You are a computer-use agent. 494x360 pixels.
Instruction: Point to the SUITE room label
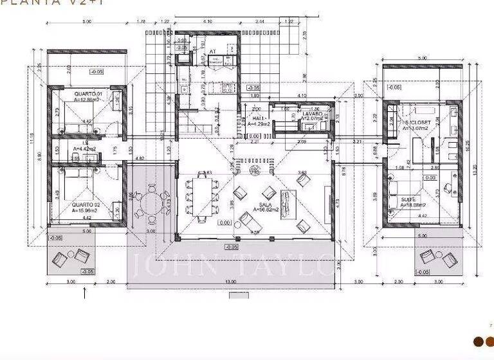pyautogui.click(x=408, y=200)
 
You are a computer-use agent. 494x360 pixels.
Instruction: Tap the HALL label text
pyautogui.click(x=259, y=120)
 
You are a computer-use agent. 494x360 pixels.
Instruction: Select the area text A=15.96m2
pyautogui.click(x=86, y=210)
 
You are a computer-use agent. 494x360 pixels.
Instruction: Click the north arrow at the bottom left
pyautogui.click(x=85, y=294)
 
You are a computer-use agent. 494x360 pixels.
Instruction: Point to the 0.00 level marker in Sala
pyautogui.click(x=224, y=222)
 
